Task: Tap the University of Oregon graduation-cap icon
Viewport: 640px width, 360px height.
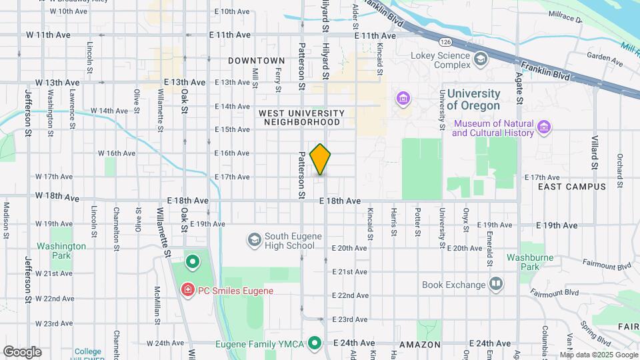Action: coord(403,99)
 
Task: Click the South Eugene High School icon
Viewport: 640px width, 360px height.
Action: coord(253,239)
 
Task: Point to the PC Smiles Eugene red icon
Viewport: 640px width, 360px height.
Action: coord(187,291)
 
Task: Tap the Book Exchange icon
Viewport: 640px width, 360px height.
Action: coord(495,285)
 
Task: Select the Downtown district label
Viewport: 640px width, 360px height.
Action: coord(256,61)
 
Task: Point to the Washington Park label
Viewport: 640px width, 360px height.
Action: coord(61,251)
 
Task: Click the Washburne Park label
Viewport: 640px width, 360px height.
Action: coord(530,262)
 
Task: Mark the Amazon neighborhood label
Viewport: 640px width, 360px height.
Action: coord(420,345)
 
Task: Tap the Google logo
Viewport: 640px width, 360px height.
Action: coord(22,351)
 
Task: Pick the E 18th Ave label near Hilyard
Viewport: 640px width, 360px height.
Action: coord(340,201)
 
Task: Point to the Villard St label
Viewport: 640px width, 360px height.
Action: coord(595,151)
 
